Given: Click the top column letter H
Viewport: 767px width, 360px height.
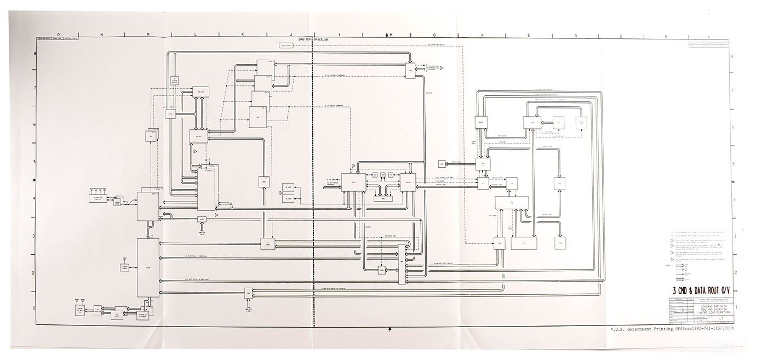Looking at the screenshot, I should (391, 35).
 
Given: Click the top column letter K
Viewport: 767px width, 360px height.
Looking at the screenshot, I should (242, 35).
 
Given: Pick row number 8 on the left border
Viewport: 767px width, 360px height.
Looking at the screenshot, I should (35, 53).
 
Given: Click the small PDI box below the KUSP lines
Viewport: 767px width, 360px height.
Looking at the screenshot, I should (248, 293).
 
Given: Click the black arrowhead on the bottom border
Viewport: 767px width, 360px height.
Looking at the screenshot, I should (390, 329).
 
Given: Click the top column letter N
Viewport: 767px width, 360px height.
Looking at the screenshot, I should (101, 35).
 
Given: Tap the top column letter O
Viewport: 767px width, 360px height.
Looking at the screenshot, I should (59, 35).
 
